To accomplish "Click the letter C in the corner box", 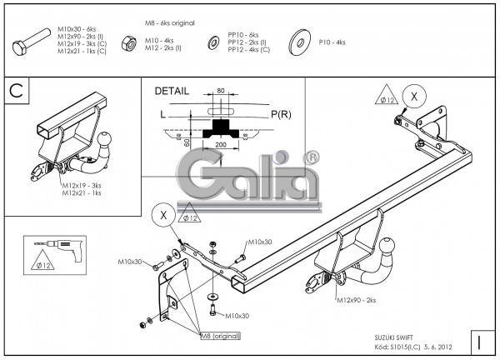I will coord(17,91).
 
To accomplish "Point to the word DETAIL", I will coord(172,91).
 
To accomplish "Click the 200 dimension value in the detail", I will coord(220,144).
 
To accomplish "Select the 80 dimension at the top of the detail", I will coord(220,91).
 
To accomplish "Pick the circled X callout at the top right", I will coord(410,96).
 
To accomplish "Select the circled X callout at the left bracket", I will coord(163,215).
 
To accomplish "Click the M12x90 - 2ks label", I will coord(356,299).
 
